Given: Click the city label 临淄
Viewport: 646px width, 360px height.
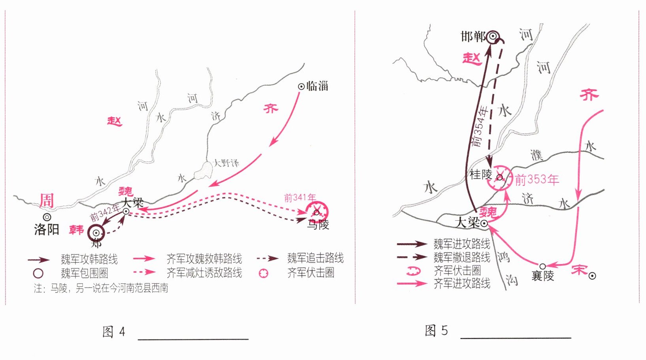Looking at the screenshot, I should (317, 86).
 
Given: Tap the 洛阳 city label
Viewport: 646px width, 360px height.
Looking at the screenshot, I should (47, 229).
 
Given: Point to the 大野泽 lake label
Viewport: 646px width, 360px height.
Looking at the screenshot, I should (226, 163).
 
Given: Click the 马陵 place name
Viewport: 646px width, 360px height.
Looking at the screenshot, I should (318, 225).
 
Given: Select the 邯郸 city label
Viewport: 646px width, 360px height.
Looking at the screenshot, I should (473, 37).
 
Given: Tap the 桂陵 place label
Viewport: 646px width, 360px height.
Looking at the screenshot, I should (481, 174).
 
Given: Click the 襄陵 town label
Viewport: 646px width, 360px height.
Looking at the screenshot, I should (543, 276).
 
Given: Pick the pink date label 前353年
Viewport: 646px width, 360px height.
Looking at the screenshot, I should (537, 180).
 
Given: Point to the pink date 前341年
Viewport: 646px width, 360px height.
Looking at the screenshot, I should (300, 197).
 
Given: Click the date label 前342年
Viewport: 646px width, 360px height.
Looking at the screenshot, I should (105, 213).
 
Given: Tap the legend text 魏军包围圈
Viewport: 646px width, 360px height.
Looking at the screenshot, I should (84, 273).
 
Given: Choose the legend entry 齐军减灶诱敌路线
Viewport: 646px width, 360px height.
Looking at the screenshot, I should (204, 272).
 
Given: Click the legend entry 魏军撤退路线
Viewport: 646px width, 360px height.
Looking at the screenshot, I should (462, 257).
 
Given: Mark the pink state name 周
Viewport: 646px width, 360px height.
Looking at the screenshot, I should (47, 201).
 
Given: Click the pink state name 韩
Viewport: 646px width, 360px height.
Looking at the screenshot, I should (76, 230).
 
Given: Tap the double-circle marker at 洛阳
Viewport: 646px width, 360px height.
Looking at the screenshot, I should (47, 217).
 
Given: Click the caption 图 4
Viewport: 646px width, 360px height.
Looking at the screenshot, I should (114, 332).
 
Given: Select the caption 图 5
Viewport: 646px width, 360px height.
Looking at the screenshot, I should (436, 330).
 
